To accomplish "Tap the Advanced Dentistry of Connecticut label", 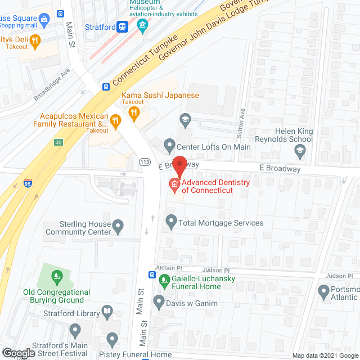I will point(210,186).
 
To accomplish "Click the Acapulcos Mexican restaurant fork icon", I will point(115,120).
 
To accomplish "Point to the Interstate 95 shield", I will point(28,183).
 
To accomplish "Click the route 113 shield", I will point(145,162).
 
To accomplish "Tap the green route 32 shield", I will point(58,142).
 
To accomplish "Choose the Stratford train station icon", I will point(120,26).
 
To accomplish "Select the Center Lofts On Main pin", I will point(169,147).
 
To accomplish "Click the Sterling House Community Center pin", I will point(118,227).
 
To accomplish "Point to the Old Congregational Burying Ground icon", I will point(56,276).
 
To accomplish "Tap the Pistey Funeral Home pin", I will point(112,340).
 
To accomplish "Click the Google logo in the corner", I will point(19,353).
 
